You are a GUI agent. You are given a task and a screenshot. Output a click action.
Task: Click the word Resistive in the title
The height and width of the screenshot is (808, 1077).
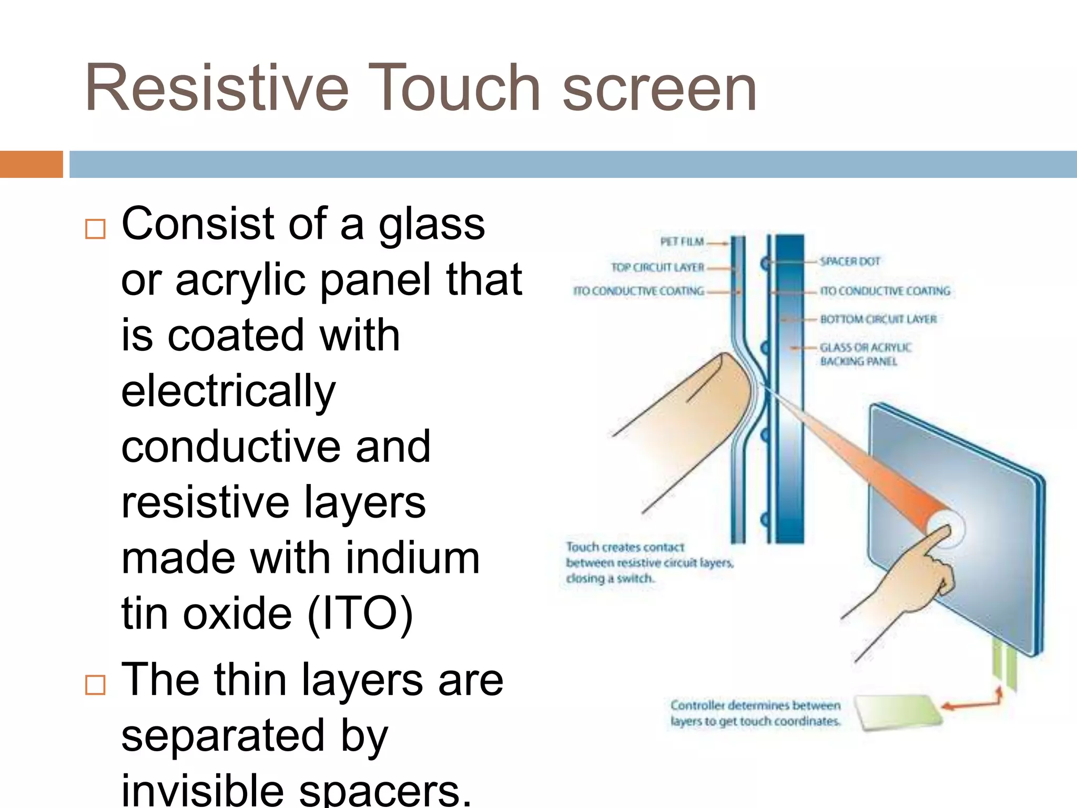216,88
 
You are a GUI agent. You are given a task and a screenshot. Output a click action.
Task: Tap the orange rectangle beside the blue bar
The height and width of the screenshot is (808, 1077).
31,164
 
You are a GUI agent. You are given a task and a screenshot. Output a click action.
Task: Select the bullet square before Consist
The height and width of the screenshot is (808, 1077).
95,229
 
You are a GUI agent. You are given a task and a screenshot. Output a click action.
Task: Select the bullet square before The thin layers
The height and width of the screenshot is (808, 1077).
95,685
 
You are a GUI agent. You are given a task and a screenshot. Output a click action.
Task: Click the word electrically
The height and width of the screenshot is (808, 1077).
228,391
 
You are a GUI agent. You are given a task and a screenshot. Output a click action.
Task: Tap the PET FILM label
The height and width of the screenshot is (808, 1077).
682,242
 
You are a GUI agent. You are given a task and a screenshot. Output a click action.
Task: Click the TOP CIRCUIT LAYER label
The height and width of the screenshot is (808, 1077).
657,267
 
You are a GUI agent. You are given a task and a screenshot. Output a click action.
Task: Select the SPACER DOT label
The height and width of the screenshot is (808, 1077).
850,261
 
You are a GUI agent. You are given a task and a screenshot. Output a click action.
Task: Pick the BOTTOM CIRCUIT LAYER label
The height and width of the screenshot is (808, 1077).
878,319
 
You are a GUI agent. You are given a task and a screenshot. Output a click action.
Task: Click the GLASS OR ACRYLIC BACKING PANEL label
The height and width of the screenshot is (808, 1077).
865,354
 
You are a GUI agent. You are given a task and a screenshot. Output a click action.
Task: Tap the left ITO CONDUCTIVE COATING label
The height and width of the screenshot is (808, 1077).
638,291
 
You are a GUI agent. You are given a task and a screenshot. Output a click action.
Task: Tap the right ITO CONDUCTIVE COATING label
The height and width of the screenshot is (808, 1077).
885,291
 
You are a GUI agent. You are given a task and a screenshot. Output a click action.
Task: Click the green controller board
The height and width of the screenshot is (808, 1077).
897,712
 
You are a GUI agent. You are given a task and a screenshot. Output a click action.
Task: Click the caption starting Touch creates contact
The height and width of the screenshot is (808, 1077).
649,563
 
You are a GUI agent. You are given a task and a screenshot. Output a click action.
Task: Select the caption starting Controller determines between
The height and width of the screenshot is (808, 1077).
755,713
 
